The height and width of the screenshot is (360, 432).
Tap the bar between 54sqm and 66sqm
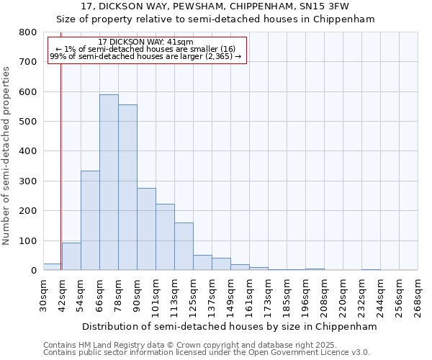pos(90,220)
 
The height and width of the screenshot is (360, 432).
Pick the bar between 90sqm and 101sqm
pos(146,229)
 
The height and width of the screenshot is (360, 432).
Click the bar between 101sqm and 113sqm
pos(165,237)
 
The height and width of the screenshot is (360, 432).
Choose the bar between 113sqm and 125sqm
pos(184,246)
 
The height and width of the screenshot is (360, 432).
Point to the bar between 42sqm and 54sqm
pos(71,256)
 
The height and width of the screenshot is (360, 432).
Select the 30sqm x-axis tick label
pos(43,294)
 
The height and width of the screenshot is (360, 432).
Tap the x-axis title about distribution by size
pos(230,326)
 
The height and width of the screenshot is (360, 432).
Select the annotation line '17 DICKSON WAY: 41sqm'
pos(145,42)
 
